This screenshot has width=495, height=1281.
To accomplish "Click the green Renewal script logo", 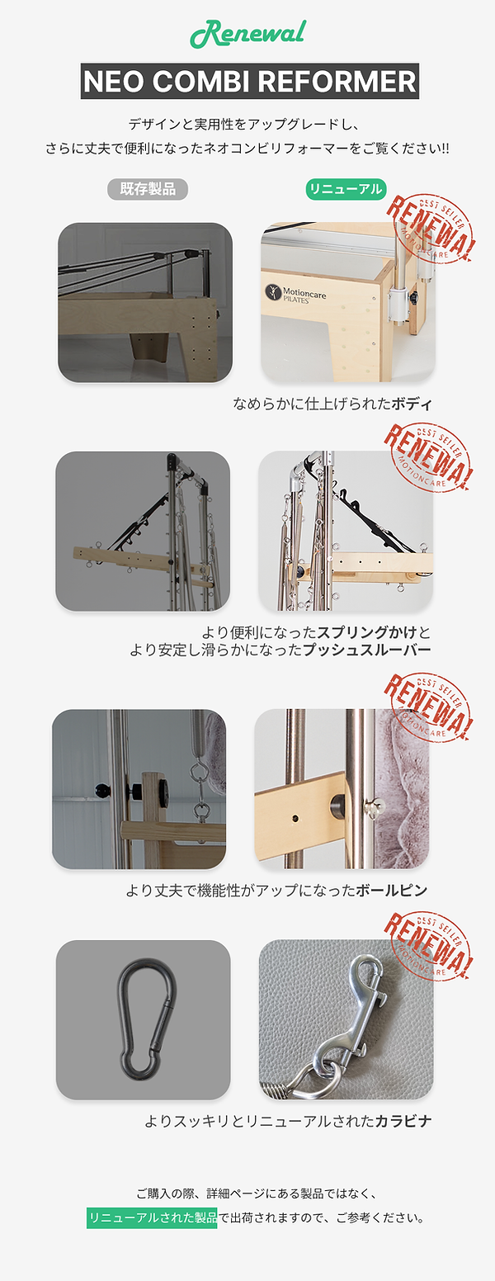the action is (248, 35).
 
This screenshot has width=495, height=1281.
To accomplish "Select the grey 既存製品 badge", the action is (148, 189).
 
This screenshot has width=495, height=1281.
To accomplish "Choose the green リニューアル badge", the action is (346, 189).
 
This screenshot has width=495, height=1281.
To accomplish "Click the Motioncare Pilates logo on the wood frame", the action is (295, 295).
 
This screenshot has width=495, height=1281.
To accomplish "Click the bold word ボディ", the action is (412, 404).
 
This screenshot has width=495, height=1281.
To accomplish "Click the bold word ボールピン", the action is (392, 890).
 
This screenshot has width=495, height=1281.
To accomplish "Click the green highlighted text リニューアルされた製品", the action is (152, 1217).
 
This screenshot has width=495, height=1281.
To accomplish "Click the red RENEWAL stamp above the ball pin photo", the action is (427, 707).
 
